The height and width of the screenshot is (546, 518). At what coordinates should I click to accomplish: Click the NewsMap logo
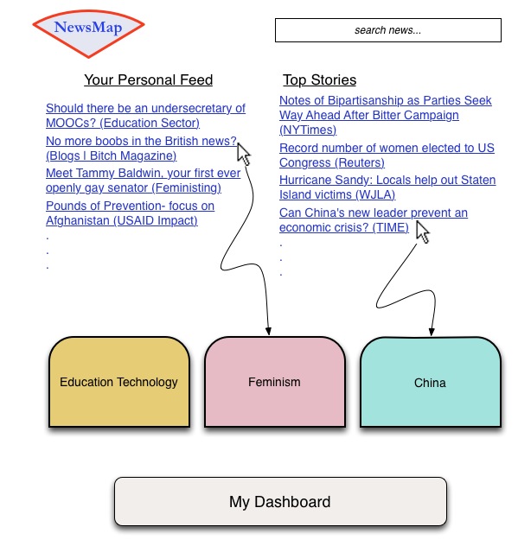(88, 28)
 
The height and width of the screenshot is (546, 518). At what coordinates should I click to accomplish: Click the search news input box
(387, 30)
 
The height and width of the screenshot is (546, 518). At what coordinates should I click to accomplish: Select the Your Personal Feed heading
(148, 80)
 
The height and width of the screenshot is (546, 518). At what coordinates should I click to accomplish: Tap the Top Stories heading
(319, 80)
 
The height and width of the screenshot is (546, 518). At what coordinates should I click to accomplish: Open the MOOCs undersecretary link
(145, 116)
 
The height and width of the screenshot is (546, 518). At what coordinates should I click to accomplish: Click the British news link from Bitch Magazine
(141, 148)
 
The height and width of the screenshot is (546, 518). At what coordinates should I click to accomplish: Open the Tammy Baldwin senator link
(143, 180)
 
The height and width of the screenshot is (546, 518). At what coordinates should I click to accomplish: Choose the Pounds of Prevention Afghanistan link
(130, 213)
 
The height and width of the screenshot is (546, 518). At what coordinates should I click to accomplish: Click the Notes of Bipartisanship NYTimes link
(385, 115)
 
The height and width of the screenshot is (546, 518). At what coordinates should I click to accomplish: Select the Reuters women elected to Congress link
(387, 156)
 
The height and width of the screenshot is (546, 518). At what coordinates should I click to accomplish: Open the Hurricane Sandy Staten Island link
(387, 187)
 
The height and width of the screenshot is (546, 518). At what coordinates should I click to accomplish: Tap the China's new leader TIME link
(373, 219)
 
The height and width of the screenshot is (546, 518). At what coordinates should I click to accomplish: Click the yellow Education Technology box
(118, 382)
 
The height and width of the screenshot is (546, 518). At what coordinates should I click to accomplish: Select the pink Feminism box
(274, 382)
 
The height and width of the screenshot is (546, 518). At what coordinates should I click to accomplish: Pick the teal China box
(430, 382)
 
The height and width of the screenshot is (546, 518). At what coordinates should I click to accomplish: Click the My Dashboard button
(280, 502)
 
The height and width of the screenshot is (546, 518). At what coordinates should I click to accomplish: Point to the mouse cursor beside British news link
(244, 154)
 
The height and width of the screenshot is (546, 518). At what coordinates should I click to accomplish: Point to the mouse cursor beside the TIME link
(423, 232)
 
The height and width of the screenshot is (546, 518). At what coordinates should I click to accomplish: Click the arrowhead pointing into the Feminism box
(269, 331)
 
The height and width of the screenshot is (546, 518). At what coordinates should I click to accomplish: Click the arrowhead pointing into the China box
(431, 331)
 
